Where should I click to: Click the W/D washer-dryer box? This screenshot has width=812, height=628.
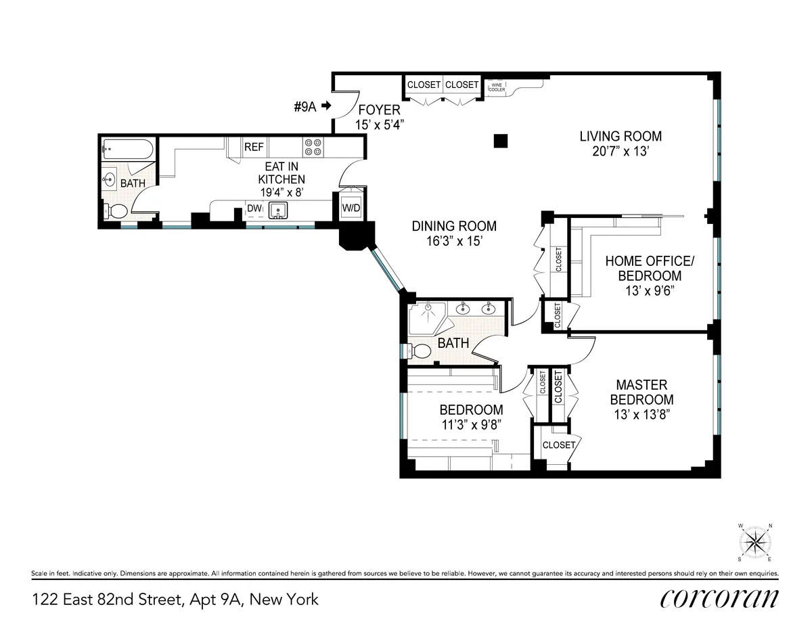pos(351,207)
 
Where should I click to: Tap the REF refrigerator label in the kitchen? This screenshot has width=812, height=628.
pos(254,147)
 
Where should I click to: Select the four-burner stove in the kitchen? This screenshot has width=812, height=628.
pos(313,148)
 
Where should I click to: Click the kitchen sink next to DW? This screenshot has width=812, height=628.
pos(278,210)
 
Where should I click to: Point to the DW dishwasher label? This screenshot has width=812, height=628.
pos(254,208)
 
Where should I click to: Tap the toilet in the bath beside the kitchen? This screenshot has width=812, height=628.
pos(117,211)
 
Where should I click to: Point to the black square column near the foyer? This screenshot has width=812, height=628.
pos(500,140)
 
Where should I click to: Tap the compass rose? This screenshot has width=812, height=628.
pos(755,543)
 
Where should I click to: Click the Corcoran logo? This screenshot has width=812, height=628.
pos(719,599)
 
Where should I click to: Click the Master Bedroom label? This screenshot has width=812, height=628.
pos(641,392)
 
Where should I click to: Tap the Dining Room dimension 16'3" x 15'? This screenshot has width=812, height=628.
pos(454,241)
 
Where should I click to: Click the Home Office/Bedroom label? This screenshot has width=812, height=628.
pos(643,268)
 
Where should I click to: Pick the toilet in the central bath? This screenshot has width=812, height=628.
pos(421,351)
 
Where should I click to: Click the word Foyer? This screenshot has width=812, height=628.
pos(379,110)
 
